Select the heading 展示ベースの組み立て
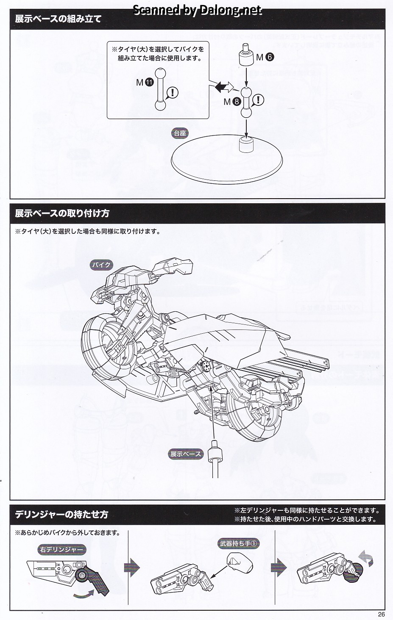[58, 19]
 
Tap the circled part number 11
[149, 83]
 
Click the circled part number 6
[270, 57]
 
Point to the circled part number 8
[237, 102]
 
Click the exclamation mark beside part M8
[258, 100]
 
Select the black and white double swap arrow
[224, 87]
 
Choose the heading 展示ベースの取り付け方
[62, 213]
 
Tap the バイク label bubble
[102, 265]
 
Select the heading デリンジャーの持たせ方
[61, 515]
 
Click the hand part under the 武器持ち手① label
[239, 561]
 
